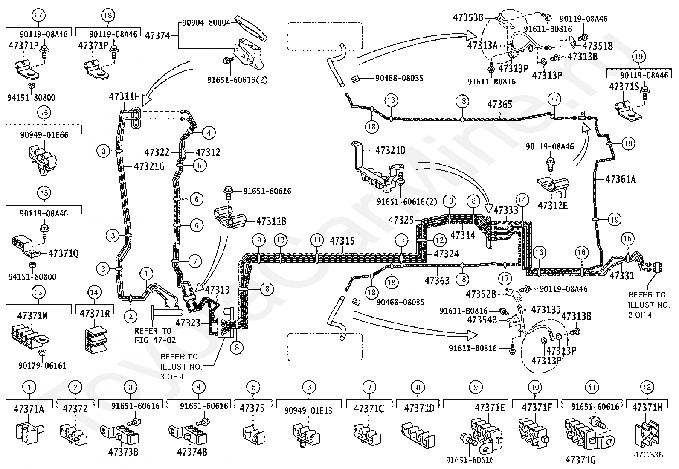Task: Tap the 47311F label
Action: [x=124, y=96]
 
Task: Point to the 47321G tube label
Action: [x=149, y=166]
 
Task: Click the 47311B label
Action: [x=271, y=221]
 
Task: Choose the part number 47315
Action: [x=342, y=241]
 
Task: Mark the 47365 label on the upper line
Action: [x=500, y=105]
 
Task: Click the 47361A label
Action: [x=621, y=179]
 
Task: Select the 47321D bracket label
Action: [x=390, y=151]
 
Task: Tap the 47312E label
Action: [x=552, y=206]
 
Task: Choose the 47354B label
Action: [x=482, y=320]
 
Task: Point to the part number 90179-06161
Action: [x=42, y=366]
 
